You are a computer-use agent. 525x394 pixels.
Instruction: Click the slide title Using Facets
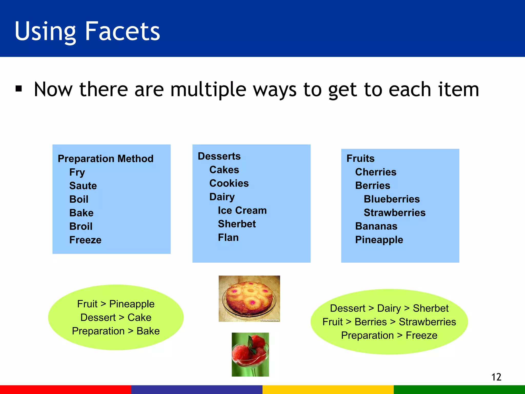tap(87, 31)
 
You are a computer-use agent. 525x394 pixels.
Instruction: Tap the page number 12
tap(496, 377)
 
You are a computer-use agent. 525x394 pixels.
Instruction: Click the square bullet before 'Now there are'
tap(19, 89)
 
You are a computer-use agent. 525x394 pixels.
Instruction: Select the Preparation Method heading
tap(105, 159)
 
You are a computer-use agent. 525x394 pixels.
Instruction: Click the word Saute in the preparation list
tap(83, 186)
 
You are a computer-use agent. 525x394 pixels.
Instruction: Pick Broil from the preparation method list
tap(81, 226)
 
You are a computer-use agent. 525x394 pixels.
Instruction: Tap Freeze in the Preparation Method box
tap(85, 240)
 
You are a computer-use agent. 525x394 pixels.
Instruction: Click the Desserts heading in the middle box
tap(219, 156)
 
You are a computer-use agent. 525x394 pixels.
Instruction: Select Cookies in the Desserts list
tap(229, 183)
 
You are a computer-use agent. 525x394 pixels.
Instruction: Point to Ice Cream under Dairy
tap(242, 210)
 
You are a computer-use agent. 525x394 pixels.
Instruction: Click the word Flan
tap(228, 238)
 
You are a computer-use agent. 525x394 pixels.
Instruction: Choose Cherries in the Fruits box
tap(376, 172)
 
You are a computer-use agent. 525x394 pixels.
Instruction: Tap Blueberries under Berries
tap(392, 199)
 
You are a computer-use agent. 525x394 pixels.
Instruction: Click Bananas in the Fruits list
tap(376, 226)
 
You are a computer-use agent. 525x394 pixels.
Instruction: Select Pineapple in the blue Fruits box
tap(379, 240)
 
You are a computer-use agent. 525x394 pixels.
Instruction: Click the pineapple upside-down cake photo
tap(249, 299)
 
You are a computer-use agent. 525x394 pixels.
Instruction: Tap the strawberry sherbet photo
tap(250, 354)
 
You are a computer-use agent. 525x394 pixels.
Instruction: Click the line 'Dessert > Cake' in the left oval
tap(116, 318)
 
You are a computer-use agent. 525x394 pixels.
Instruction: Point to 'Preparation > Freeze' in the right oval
tap(389, 336)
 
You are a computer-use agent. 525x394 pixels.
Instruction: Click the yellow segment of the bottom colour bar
tap(328, 389)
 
